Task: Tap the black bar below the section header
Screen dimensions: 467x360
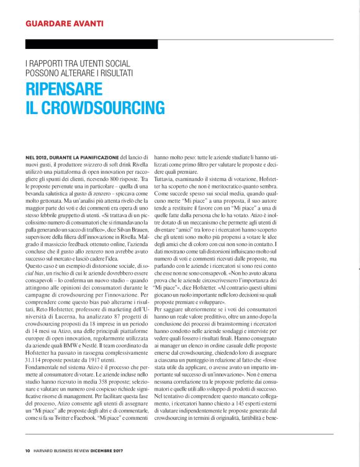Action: coord(91,44)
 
